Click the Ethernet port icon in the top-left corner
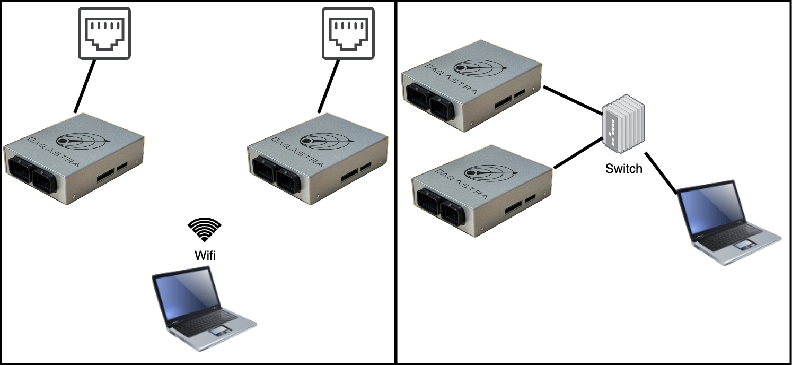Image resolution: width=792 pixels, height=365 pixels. pyautogui.click(x=104, y=33)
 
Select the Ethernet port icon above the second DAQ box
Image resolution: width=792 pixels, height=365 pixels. pyautogui.click(x=348, y=33)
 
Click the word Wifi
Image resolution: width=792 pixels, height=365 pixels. pyautogui.click(x=205, y=255)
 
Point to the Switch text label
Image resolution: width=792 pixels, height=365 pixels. pyautogui.click(x=624, y=169)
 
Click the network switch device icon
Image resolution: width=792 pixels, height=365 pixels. pyautogui.click(x=623, y=124)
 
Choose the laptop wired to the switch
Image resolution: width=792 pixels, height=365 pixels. pyautogui.click(x=728, y=223)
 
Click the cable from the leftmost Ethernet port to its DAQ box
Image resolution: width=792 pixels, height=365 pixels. pyautogui.click(x=85, y=86)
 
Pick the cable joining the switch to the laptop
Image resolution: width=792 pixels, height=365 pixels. pyautogui.click(x=661, y=173)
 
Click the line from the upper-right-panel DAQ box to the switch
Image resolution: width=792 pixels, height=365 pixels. pyautogui.click(x=573, y=100)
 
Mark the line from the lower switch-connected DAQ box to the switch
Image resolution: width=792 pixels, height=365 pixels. pyautogui.click(x=578, y=153)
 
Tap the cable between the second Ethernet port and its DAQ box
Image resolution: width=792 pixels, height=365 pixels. pyautogui.click(x=329, y=86)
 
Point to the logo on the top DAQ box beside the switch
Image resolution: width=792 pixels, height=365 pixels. pyautogui.click(x=480, y=68)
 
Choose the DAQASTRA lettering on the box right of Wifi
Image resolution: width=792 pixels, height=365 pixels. pyautogui.click(x=296, y=152)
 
